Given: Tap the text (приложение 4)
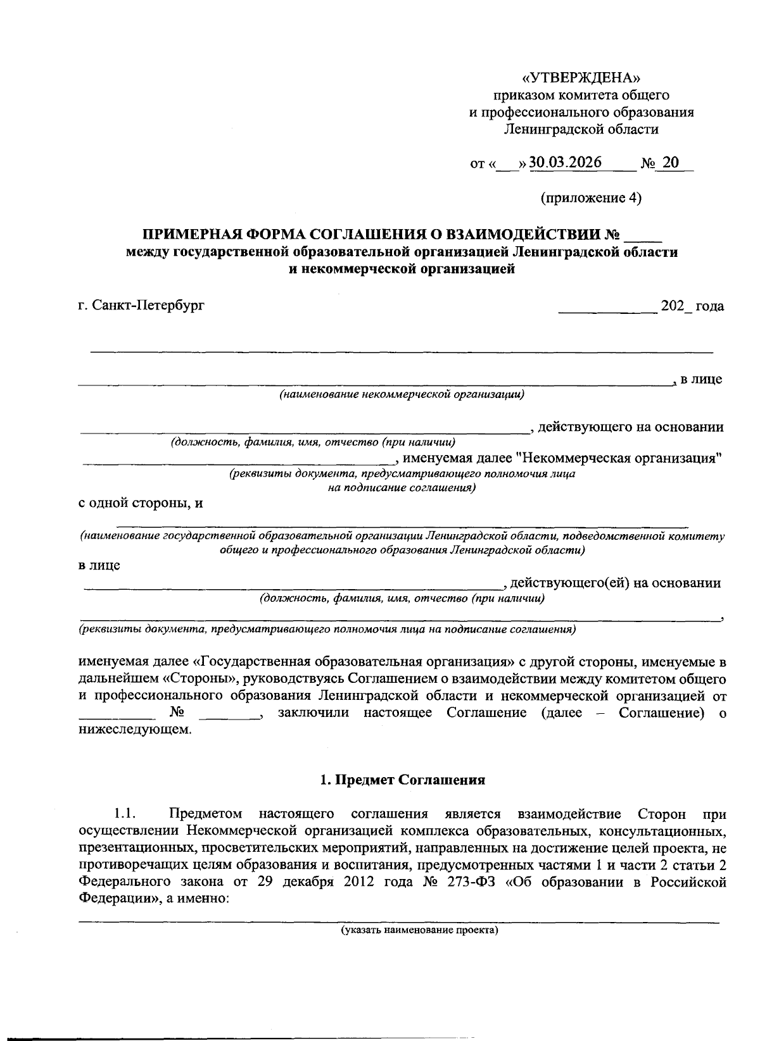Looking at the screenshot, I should click(590, 198).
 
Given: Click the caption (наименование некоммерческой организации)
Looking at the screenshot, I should click(402, 395).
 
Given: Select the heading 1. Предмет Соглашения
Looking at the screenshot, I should click(402, 780).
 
